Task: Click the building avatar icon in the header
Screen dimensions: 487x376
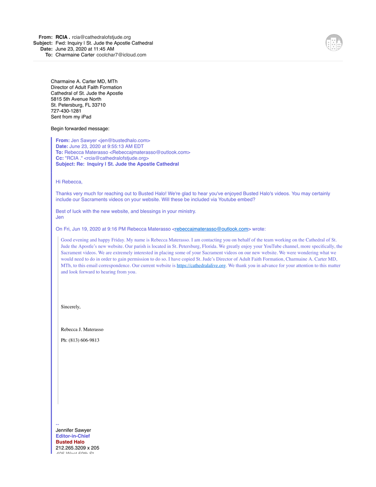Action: pyautogui.click(x=334, y=43)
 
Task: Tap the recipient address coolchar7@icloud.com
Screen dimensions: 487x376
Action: pyautogui.click(x=121, y=55)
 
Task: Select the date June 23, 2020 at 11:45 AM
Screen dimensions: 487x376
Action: pyautogui.click(x=85, y=49)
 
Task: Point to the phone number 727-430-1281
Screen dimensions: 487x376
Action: pyautogui.click(x=66, y=111)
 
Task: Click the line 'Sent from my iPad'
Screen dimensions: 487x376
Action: pyautogui.click(x=71, y=117)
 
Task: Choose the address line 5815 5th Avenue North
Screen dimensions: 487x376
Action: pyautogui.click(x=76, y=99)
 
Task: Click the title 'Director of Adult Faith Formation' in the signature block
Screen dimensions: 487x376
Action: pyautogui.click(x=86, y=87)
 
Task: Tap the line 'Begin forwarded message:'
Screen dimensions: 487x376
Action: pyautogui.click(x=80, y=129)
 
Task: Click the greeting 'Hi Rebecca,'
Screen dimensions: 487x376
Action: pyautogui.click(x=69, y=182)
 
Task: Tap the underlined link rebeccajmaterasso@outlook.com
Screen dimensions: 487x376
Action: pyautogui.click(x=211, y=229)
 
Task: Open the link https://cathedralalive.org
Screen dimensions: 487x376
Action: pyautogui.click(x=201, y=265)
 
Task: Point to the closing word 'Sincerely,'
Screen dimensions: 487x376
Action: pyautogui.click(x=71, y=307)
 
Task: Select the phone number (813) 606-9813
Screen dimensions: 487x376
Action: pyautogui.click(x=80, y=340)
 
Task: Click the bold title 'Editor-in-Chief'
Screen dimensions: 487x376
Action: pyautogui.click(x=73, y=436)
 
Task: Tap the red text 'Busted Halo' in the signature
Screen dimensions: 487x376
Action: pyautogui.click(x=70, y=442)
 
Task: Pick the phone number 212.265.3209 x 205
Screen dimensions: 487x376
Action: pyautogui.click(x=77, y=448)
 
